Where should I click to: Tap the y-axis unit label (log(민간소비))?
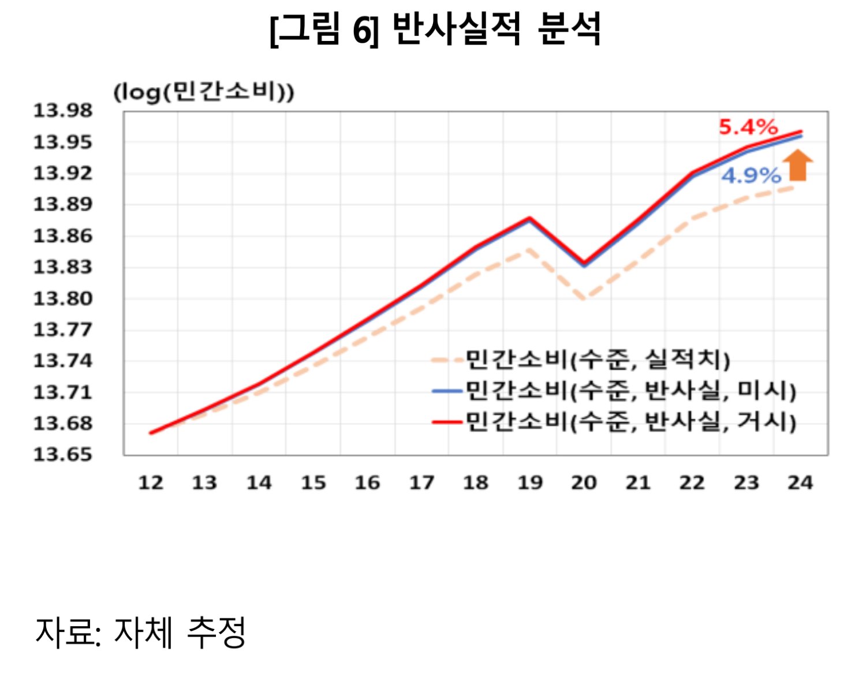click(204, 92)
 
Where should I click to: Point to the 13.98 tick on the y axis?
click(62, 110)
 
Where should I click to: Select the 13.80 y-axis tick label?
click(62, 298)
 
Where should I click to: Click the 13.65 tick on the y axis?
click(62, 455)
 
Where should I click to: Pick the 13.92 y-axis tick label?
click(62, 173)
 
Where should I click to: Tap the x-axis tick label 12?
click(151, 482)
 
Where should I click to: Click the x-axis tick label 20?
click(584, 482)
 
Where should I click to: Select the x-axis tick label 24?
click(800, 482)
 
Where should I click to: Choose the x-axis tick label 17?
click(421, 482)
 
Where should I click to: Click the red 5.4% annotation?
click(748, 127)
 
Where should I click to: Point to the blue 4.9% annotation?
click(751, 175)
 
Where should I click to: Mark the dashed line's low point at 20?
click(584, 299)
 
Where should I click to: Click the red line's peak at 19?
click(529, 218)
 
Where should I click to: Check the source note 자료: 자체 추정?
click(141, 632)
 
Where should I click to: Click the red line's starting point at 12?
click(151, 433)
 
